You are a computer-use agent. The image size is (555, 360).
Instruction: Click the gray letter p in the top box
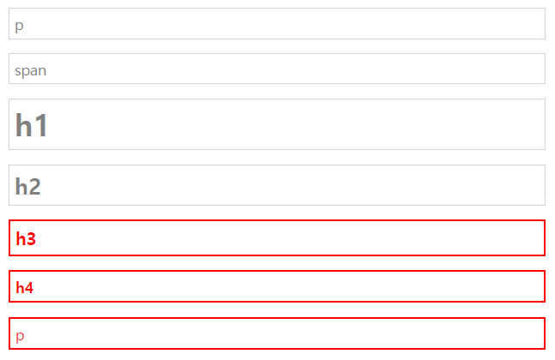point(19,26)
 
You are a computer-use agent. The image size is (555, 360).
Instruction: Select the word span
point(30,70)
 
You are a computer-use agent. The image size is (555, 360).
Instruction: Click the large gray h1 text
point(32,126)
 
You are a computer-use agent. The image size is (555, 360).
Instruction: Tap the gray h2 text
point(28,186)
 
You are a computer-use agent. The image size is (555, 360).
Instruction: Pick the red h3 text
point(26,239)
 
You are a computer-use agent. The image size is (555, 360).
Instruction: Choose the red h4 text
point(24,288)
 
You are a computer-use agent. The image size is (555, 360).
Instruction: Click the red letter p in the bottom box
point(20,335)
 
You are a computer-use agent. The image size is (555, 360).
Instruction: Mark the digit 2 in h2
point(34,187)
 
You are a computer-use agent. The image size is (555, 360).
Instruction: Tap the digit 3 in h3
point(31,239)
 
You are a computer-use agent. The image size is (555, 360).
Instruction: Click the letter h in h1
point(24,126)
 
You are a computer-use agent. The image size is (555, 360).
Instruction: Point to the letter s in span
point(18,71)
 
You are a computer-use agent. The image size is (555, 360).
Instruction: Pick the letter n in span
point(42,71)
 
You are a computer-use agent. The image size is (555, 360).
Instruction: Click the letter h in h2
point(21,186)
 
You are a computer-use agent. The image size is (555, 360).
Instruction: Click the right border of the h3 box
point(545,237)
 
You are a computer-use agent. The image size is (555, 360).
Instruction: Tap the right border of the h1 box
point(546,124)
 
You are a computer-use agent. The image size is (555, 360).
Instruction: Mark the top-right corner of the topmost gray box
point(546,9)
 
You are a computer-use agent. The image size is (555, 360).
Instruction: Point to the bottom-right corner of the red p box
point(545,348)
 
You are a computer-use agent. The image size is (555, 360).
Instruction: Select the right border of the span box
point(546,69)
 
